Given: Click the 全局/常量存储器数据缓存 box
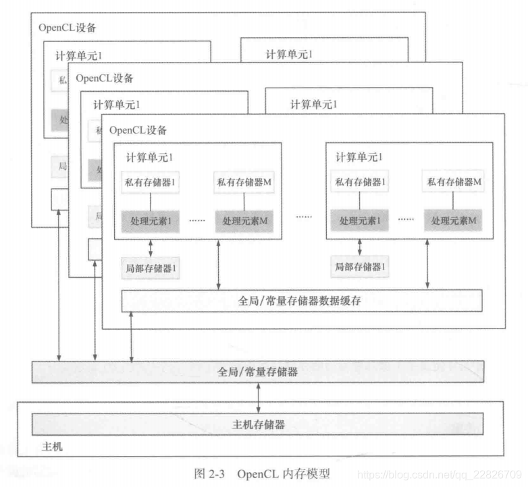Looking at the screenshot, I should [x=302, y=301].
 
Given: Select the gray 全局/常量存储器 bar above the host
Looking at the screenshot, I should [x=258, y=372].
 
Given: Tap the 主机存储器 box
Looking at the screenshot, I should [x=258, y=424].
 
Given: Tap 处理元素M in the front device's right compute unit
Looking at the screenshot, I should [x=453, y=221].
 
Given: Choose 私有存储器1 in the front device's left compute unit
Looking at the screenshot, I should [x=151, y=181].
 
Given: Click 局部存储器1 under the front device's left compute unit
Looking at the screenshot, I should [x=151, y=268].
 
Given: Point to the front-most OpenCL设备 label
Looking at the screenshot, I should [x=138, y=130].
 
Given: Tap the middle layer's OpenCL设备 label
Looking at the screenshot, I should [x=105, y=78].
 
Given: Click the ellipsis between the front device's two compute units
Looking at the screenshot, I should [x=304, y=217].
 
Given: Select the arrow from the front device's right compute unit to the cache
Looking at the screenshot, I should [x=428, y=264].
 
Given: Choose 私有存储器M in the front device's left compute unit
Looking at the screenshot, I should [x=244, y=181].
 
